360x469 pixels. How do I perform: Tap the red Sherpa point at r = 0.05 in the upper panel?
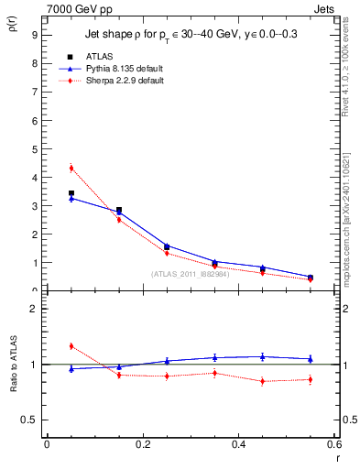click(71, 168)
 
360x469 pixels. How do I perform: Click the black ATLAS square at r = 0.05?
click(71, 193)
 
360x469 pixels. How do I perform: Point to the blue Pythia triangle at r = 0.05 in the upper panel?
click(71, 198)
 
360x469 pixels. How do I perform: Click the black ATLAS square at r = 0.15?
click(119, 210)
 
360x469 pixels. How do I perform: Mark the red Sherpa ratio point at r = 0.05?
click(71, 345)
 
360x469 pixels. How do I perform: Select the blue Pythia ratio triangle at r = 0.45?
click(262, 356)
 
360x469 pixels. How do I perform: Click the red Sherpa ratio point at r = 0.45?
click(262, 381)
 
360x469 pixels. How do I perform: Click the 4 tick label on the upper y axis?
click(33, 178)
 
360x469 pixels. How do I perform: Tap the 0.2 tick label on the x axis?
click(143, 444)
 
